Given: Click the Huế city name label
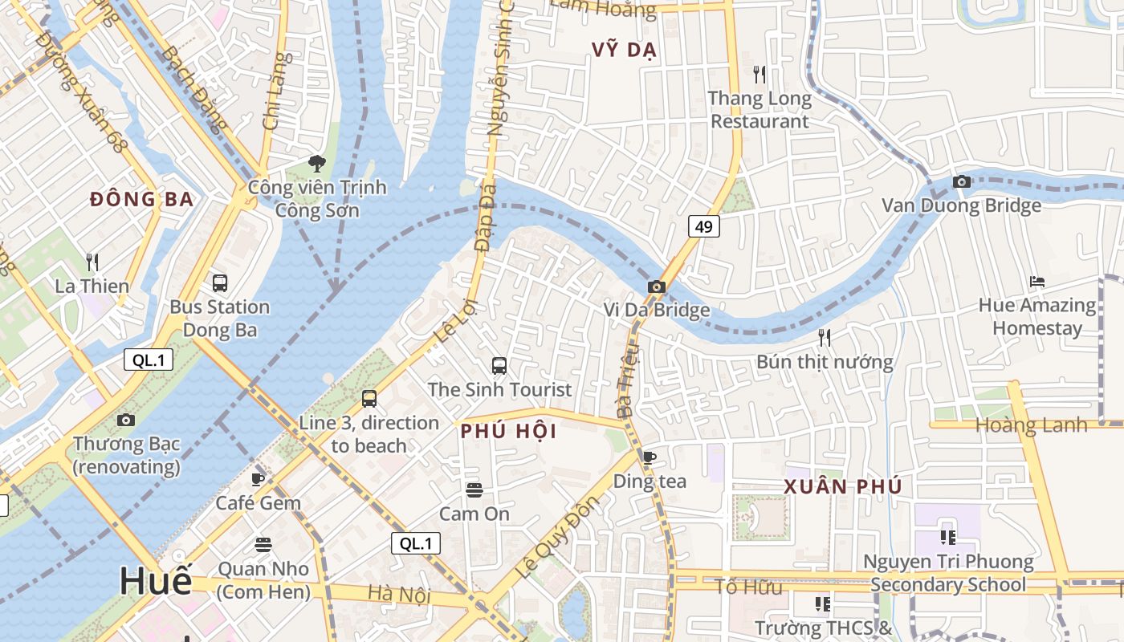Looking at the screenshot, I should (157, 581).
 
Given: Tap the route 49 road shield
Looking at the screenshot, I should (703, 227).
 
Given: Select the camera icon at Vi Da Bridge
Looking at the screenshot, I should (657, 286).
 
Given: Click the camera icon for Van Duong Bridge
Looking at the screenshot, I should (961, 182).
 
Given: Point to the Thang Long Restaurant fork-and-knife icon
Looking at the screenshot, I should (760, 75).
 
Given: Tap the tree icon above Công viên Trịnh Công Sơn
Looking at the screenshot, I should (317, 164).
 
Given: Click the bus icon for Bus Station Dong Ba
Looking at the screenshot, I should (219, 282).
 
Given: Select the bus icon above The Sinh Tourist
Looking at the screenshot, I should (499, 366).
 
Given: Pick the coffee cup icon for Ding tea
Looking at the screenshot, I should (650, 457).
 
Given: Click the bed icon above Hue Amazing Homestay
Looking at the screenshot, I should (1036, 282).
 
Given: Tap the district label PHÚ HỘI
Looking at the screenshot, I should (508, 432).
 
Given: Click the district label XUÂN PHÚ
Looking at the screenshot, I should (843, 486).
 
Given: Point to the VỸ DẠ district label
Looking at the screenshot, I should (625, 50).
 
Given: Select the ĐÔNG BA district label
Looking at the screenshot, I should (142, 199).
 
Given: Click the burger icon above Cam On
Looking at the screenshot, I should (474, 490).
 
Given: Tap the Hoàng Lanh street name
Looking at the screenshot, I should (1031, 425).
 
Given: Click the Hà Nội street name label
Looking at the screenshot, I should (399, 595).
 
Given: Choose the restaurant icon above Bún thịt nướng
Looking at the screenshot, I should (824, 337).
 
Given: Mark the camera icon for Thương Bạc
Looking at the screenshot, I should (126, 420).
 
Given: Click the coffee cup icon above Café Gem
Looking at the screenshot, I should (258, 479).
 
